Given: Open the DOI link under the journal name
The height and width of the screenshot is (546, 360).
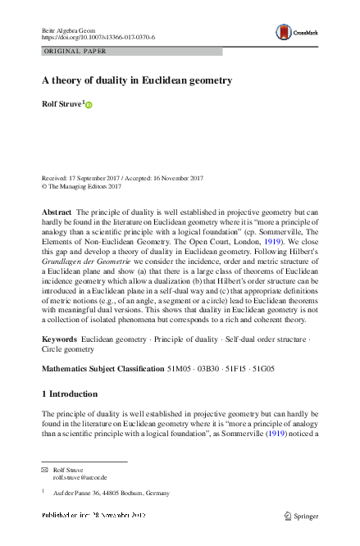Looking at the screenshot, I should [98, 38].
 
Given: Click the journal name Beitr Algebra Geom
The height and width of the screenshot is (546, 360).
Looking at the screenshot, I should [69, 29].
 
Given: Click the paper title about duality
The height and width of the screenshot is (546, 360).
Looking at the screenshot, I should [137, 80].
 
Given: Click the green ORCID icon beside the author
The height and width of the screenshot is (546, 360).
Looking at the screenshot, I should [89, 106].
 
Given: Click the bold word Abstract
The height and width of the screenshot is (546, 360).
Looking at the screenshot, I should [57, 212].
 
